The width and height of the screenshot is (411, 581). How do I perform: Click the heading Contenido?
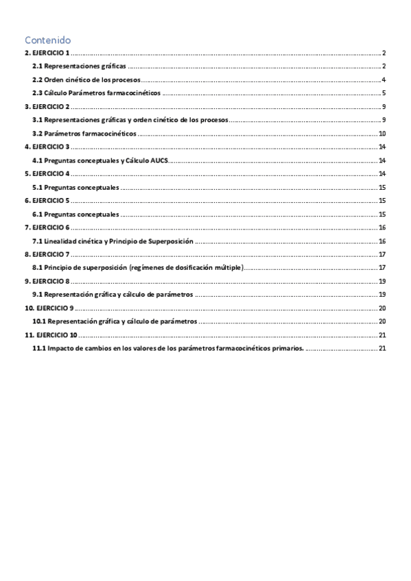point(47,40)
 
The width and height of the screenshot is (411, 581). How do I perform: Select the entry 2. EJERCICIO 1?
point(47,53)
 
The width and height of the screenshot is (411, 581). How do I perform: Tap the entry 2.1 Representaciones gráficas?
point(80,66)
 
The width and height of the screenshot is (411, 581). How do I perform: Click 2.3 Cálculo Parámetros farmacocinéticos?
point(96,93)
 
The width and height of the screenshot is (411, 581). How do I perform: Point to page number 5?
point(385,93)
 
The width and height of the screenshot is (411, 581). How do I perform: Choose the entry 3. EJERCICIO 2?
point(47,107)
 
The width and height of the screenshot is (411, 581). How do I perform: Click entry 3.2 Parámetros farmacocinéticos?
point(84,134)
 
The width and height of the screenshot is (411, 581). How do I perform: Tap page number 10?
point(383,134)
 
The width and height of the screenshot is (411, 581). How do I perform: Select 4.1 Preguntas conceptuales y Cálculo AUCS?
point(100,160)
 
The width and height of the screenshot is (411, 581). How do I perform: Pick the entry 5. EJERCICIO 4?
point(47,173)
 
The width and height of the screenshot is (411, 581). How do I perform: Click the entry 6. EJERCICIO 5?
point(47,201)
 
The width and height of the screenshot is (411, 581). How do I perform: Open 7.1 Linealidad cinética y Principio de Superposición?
point(113,241)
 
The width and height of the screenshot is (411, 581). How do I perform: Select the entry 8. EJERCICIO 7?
point(47,254)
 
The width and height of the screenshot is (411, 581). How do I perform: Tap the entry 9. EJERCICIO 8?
point(47,281)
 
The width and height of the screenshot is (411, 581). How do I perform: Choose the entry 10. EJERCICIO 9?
point(48,308)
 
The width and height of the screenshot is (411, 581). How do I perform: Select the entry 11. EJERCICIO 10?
point(50,334)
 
